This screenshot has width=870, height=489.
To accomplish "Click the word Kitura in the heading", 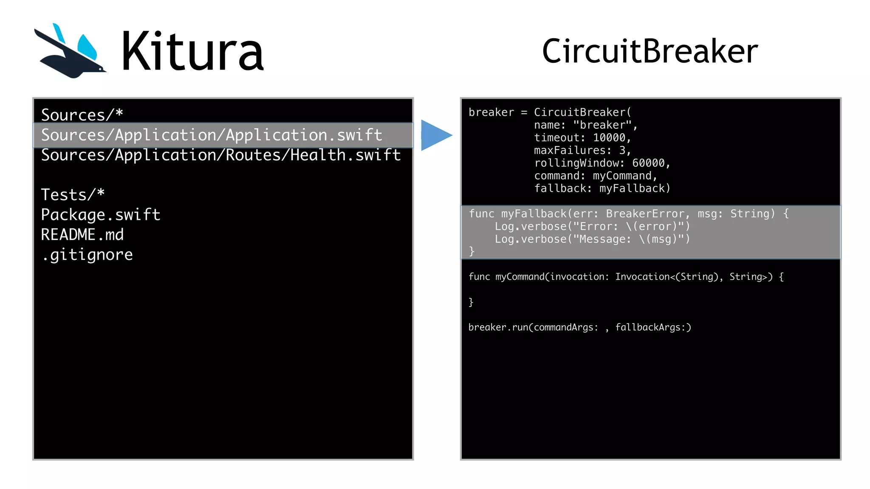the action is [x=192, y=52].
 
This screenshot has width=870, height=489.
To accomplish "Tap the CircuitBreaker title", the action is [x=650, y=51].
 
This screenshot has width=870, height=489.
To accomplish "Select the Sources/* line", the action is [x=82, y=115].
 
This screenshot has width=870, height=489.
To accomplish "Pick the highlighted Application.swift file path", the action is [x=212, y=135].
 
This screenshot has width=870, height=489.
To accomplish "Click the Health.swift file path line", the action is [x=220, y=155].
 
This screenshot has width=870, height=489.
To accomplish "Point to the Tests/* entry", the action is [x=73, y=194].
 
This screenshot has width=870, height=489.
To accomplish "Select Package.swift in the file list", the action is [x=101, y=215].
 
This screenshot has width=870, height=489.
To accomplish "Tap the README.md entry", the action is [x=82, y=235].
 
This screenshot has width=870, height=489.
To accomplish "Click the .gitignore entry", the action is [x=87, y=255].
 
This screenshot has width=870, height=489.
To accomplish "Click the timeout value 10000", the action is [x=609, y=138].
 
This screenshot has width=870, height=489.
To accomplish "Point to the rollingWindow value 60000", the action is [x=648, y=163].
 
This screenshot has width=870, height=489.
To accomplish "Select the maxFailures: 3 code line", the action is [x=582, y=150].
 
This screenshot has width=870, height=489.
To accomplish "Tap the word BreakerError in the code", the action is [x=645, y=214].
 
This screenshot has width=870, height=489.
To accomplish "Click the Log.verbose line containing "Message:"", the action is [x=592, y=239].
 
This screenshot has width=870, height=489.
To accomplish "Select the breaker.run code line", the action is [x=579, y=327].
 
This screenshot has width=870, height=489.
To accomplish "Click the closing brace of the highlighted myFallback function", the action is [x=472, y=251].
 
